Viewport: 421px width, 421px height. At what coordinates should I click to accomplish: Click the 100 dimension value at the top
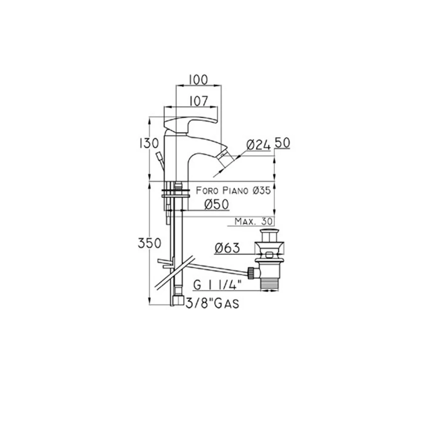pos(198,80)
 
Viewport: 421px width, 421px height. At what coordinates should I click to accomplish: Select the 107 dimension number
pos(199,101)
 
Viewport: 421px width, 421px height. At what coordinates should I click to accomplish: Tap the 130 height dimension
pos(149,144)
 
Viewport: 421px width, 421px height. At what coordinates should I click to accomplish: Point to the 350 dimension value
pos(149,243)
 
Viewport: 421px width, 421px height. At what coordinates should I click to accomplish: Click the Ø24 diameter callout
pos(258,145)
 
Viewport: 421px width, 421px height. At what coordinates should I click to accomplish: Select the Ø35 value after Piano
pos(261,191)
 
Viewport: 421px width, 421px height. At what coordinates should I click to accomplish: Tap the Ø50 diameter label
pos(216,204)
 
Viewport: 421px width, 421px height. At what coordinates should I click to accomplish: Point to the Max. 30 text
pos(253,221)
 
